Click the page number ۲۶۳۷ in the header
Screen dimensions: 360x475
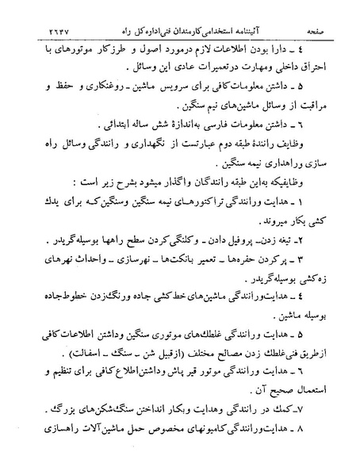pos(38,10)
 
